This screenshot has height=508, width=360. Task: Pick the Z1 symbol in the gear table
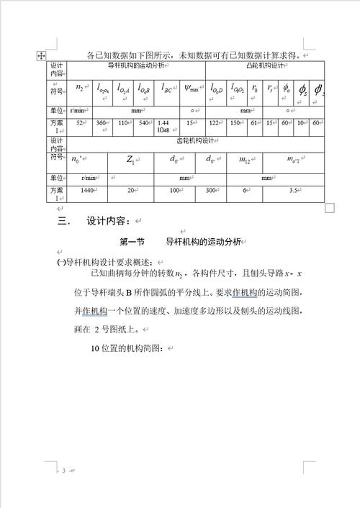[130, 159]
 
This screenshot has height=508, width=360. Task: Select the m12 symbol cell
[246, 159]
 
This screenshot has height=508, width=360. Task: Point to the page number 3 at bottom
[63, 471]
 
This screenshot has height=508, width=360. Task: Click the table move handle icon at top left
[41, 55]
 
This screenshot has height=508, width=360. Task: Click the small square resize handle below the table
[330, 208]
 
